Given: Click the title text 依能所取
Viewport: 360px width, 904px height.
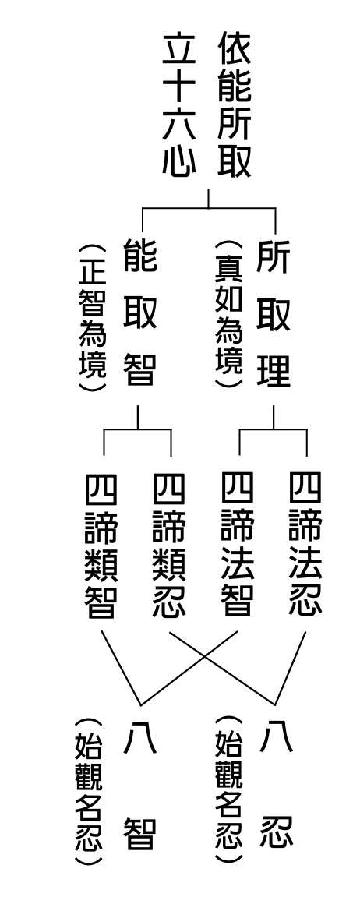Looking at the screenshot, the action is point(235,105).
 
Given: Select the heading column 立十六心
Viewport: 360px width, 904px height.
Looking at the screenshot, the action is point(178,105).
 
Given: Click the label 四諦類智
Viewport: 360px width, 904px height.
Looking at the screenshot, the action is point(101,546).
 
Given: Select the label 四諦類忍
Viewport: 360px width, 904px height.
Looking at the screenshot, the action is point(169,546).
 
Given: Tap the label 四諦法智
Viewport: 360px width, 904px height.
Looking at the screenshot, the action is point(238,546).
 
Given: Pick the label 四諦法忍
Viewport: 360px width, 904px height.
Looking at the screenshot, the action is point(305,546).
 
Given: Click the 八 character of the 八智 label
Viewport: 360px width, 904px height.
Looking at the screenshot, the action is point(139,739).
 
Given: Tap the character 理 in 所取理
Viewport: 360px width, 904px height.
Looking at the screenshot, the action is point(274,370).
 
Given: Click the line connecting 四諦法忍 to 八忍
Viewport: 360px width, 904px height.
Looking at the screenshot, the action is point(291,668).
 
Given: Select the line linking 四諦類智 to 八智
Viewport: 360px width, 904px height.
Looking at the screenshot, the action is point(121,668).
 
